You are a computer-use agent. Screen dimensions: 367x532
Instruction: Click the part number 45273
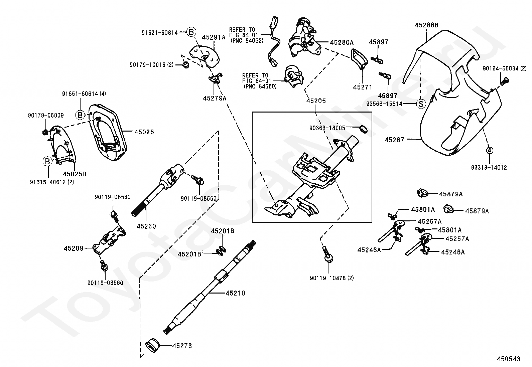[x=182, y=346]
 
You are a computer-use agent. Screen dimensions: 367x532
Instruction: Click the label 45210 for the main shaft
[x=235, y=293]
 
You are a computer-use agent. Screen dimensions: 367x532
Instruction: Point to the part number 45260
[x=146, y=226]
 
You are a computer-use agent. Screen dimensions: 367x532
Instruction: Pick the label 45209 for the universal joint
[x=74, y=248]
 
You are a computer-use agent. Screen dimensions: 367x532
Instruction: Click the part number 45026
[x=144, y=132]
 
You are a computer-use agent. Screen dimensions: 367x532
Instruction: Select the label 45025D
[x=75, y=174]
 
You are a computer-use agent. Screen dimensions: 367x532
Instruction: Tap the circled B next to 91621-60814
[x=191, y=32]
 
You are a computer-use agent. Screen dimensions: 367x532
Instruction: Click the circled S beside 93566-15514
[x=421, y=104]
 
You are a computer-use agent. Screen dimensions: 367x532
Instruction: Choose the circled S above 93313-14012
[x=489, y=150]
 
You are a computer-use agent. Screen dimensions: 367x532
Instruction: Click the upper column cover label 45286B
[x=426, y=25]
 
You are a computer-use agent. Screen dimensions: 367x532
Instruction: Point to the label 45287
[x=394, y=140]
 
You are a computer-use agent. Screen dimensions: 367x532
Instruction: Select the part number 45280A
[x=342, y=42]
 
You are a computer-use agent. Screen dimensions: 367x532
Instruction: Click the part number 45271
[x=362, y=87]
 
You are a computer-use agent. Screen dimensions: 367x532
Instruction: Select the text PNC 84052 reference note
[x=247, y=41]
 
